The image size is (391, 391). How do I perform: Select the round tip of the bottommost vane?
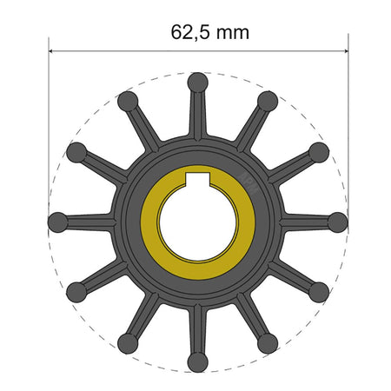click(x=198, y=360)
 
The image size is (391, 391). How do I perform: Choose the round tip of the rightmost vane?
click(x=337, y=222)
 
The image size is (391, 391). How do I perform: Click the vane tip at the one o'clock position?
click(x=268, y=102)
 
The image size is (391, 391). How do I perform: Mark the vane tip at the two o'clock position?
click(x=319, y=152)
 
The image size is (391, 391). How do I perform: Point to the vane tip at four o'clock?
click(x=319, y=291)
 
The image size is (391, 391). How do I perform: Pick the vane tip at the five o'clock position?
click(x=268, y=342)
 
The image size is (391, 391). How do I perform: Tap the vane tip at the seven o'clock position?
click(x=129, y=342)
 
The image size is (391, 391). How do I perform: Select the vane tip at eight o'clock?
click(x=77, y=291)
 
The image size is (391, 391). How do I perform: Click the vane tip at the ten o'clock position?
click(x=77, y=152)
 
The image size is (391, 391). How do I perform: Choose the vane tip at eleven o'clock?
click(x=129, y=102)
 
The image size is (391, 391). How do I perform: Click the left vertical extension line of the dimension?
click(x=49, y=130)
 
